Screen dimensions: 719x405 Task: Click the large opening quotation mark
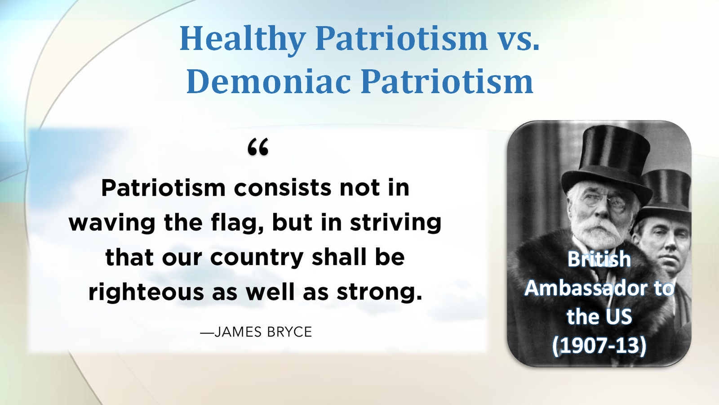click(x=258, y=147)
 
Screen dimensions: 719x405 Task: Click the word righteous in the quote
click(x=146, y=292)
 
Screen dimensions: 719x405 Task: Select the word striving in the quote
click(x=395, y=223)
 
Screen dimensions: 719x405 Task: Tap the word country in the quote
click(x=257, y=258)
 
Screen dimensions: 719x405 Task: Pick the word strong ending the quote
click(x=379, y=292)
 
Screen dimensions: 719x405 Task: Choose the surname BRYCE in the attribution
click(x=289, y=332)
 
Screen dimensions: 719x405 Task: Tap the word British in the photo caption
click(x=599, y=259)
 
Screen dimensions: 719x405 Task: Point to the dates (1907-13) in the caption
click(x=599, y=346)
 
